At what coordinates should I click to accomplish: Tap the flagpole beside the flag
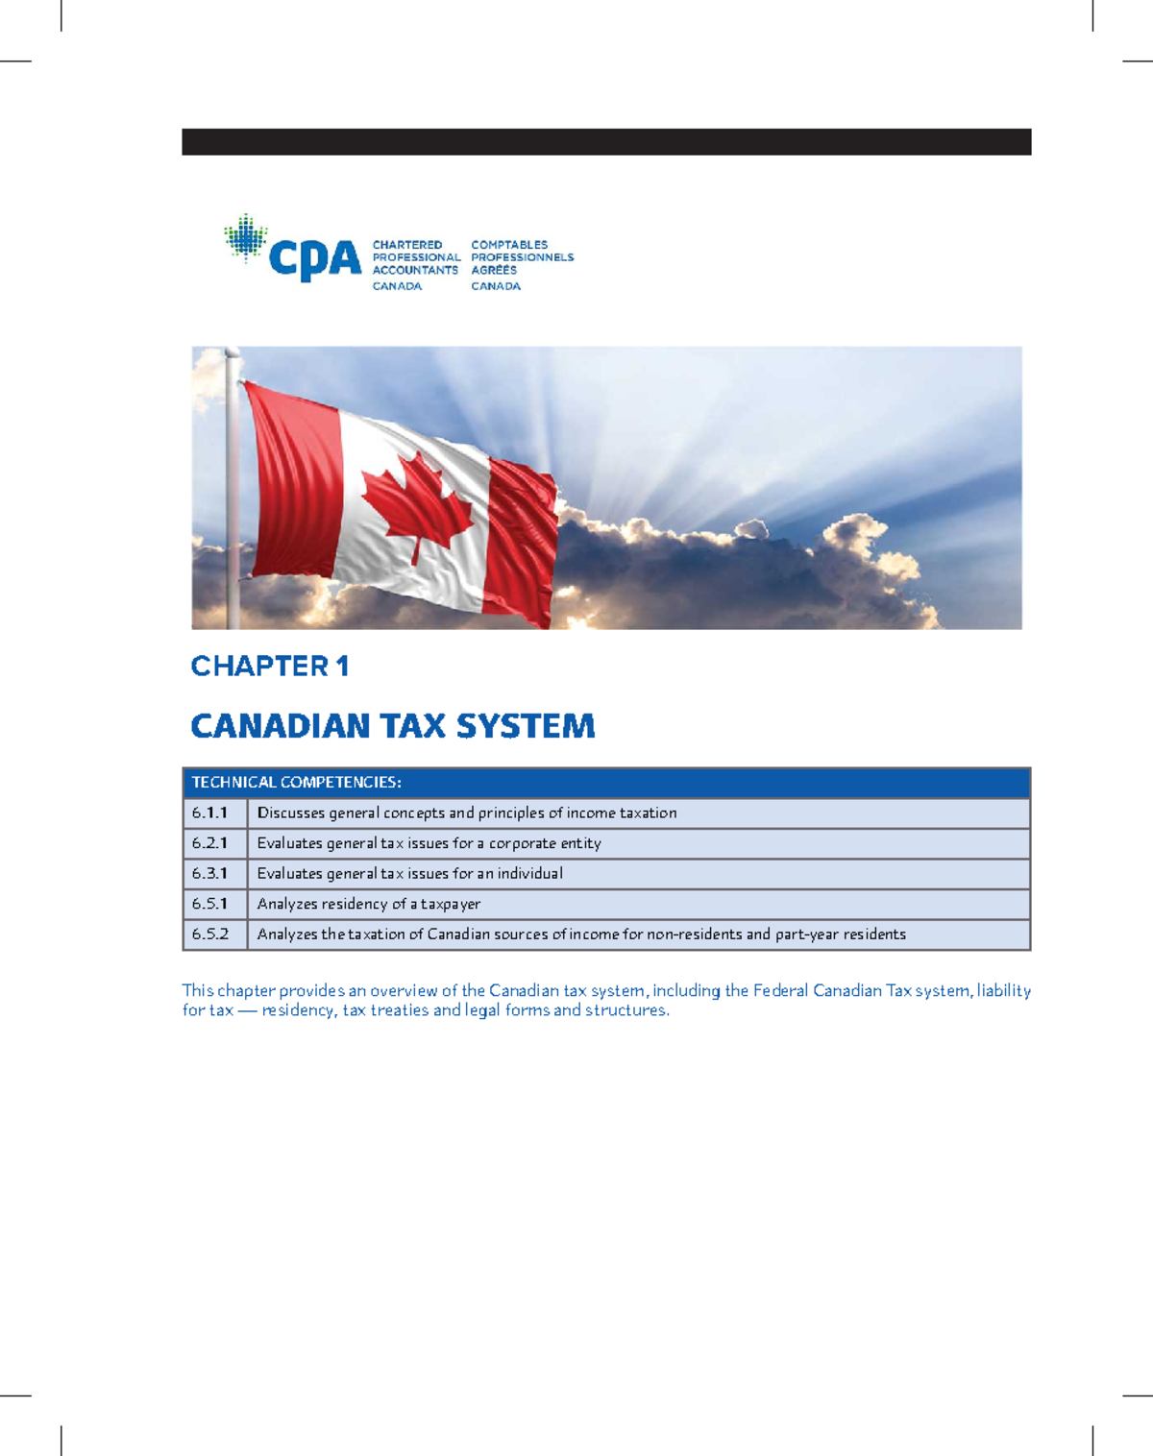click(233, 490)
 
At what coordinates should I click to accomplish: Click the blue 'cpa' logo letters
click(314, 259)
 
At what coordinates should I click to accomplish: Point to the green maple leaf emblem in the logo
click(246, 237)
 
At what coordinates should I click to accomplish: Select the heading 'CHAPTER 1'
click(269, 666)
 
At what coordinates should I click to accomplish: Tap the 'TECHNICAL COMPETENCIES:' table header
click(296, 783)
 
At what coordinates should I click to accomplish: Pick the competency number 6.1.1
click(209, 813)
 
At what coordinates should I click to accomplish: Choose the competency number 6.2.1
click(209, 843)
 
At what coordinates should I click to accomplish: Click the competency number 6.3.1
click(209, 874)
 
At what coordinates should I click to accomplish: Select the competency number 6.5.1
click(209, 904)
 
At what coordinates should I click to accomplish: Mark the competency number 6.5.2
click(209, 934)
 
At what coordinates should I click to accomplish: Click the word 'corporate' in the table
click(524, 843)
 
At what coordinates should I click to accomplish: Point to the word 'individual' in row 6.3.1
click(529, 874)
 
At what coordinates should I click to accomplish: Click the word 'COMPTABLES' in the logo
click(509, 245)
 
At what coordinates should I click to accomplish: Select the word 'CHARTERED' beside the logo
click(407, 245)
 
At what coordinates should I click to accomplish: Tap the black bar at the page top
click(606, 142)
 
